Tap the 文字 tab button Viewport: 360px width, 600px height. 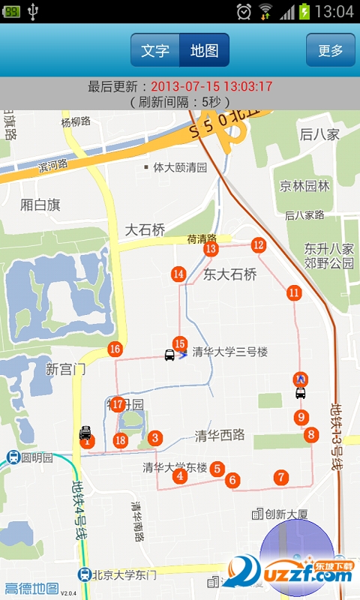click(155, 50)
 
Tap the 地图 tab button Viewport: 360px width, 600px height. click(204, 50)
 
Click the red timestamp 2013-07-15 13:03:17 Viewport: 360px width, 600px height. click(211, 86)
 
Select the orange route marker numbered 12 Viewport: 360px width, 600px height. click(259, 244)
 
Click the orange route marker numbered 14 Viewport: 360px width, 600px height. click(178, 274)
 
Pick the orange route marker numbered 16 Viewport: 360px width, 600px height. click(115, 349)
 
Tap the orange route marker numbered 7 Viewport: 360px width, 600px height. click(280, 477)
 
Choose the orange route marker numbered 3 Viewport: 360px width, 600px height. click(155, 438)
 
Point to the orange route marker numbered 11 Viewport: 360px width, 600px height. click(293, 292)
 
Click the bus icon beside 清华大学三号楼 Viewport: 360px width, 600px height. click(170, 354)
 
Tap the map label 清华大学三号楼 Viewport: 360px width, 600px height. click(230, 352)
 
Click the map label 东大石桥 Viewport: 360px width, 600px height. click(230, 274)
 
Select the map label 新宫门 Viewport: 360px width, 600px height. click(66, 369)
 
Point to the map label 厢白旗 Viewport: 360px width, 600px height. click(40, 205)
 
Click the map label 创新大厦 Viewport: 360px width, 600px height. click(281, 514)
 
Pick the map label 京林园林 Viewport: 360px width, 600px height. click(305, 185)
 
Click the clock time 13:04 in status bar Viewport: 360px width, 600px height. click(334, 11)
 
